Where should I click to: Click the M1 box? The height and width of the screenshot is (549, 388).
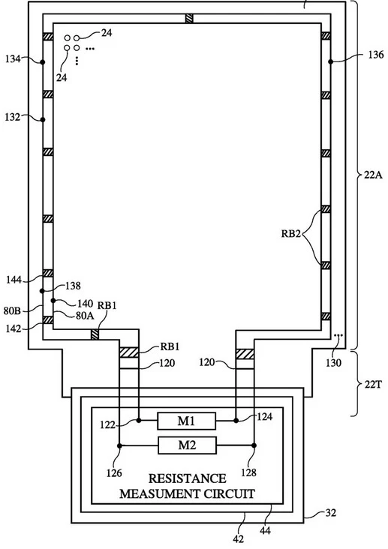186,421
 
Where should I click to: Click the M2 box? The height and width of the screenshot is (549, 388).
187,445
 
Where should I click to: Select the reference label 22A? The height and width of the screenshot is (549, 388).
373,174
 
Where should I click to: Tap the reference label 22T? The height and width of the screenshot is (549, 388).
373,385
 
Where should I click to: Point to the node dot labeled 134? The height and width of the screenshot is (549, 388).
43,62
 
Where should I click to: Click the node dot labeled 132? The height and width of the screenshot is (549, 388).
43,120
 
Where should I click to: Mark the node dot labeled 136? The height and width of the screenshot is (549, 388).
330,61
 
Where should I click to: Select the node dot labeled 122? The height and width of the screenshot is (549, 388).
139,420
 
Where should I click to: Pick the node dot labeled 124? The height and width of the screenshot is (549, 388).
236,420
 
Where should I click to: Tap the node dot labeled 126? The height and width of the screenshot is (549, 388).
119,445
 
